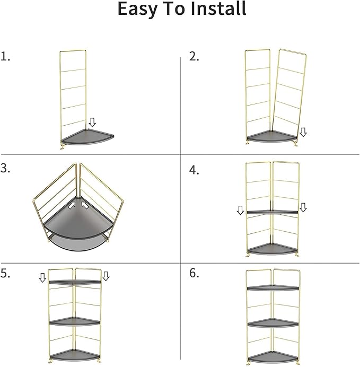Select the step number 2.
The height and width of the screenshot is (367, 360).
coord(194,57)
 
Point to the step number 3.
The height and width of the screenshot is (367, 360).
coord(6,169)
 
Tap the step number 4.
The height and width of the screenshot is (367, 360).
coord(194,170)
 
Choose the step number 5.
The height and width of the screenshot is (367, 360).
coord(6,273)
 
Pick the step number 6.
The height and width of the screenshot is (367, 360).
coord(194,273)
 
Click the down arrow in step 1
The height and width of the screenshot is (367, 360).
coord(92,123)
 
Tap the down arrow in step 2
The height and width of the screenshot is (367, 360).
coord(303,132)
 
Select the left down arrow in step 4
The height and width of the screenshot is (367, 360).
coord(240,211)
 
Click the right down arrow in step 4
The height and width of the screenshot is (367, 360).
coord(303,207)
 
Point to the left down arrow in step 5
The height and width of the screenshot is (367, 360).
coord(43,277)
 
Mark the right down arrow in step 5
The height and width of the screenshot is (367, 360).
coord(106,276)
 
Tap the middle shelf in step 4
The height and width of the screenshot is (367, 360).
coord(272,212)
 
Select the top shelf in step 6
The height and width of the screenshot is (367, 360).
coord(272,288)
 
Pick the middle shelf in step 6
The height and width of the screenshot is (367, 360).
coord(272,322)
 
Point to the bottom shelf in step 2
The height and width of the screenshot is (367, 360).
coord(272,136)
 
